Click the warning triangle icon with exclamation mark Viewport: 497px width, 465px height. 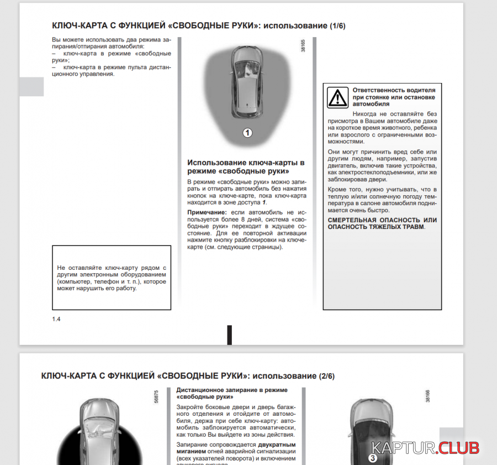click(x=337, y=97)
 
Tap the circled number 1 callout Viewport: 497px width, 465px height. click(x=247, y=133)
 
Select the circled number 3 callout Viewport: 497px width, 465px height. click(x=373, y=458)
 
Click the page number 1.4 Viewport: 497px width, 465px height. click(x=56, y=319)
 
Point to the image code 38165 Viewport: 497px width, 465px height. click(x=303, y=46)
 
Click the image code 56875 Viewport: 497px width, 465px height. click(x=157, y=400)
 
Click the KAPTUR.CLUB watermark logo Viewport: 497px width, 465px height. click(x=425, y=448)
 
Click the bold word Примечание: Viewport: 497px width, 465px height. click(x=207, y=212)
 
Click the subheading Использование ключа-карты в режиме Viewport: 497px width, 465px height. click(x=246, y=163)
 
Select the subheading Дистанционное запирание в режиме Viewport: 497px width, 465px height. click(x=232, y=390)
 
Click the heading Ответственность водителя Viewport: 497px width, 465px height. click(x=394, y=90)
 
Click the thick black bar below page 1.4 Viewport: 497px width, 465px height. click(x=229, y=335)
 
